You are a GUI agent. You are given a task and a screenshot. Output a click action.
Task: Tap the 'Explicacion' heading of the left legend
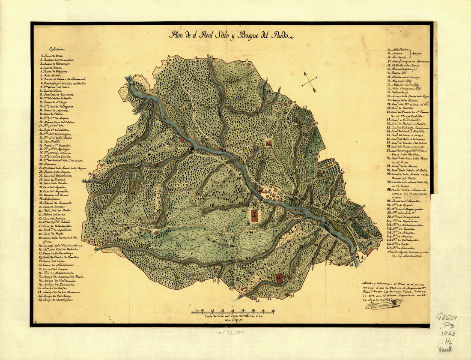(59, 49)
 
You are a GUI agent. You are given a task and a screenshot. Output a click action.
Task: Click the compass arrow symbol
(309, 81)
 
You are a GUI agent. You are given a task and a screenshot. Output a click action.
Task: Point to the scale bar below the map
(234, 311)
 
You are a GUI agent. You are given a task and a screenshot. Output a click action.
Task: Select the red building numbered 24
(268, 144)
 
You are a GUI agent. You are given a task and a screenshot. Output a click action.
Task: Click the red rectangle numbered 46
(254, 216)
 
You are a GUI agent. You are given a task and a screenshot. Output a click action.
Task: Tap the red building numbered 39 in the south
(280, 279)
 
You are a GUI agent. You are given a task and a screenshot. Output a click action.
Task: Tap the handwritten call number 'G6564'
(446, 317)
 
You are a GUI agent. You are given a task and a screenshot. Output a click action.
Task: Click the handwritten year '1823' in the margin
(448, 333)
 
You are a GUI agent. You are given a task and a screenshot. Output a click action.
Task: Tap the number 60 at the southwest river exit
(96, 248)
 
